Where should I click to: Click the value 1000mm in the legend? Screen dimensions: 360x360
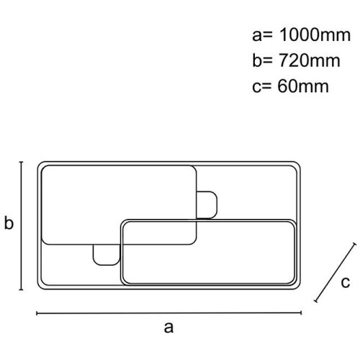pos(315,35)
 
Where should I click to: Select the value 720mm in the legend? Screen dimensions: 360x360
pos(310,60)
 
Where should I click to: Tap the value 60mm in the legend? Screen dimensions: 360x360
pos(303,86)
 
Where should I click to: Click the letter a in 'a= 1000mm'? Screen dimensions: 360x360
pos(257,37)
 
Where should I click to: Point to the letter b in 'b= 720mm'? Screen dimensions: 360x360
pos(257,60)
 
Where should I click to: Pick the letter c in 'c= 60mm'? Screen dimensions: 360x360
pos(256,88)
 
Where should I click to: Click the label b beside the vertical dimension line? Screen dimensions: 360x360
pos(9,223)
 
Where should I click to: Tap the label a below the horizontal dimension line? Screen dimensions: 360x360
pos(168,327)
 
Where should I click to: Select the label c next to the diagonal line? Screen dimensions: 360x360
pos(346,282)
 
